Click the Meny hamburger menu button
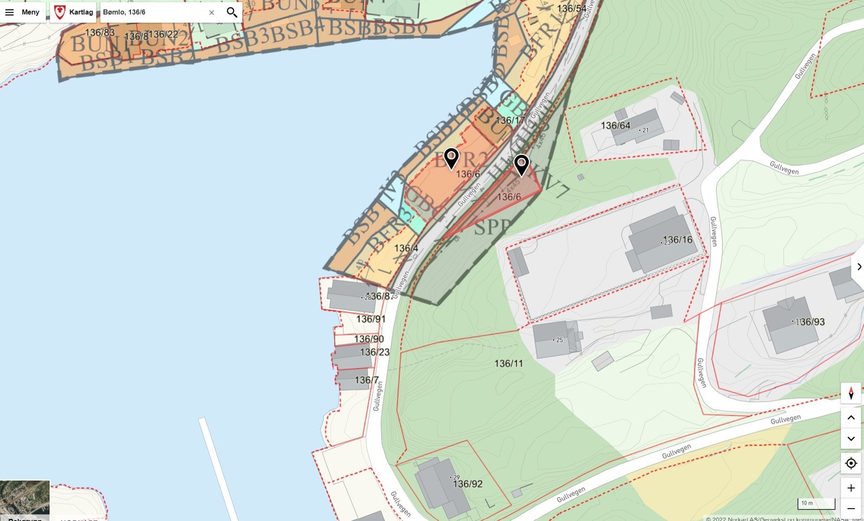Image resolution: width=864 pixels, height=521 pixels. coord(23,12)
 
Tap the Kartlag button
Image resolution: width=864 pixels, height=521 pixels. coord(73,12)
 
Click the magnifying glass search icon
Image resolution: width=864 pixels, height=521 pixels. coord(232,12)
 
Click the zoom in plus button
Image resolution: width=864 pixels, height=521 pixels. coord(851,488)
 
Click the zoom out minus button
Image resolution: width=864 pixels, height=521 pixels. coord(851,509)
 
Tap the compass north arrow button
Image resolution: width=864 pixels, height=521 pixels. coord(851,393)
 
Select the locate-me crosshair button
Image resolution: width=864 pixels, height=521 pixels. coord(851,463)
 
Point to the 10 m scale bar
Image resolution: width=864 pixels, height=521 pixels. coord(816,504)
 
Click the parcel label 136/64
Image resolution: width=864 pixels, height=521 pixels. coord(616,126)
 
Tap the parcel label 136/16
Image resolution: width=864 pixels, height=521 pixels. coord(678,240)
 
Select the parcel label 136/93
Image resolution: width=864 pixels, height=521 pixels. coord(810,322)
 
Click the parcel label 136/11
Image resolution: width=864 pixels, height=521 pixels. coord(509,363)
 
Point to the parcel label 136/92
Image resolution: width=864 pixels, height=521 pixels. coord(468,484)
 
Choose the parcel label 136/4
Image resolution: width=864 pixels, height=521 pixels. coord(406,248)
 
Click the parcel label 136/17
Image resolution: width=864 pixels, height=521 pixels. coord(510,120)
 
